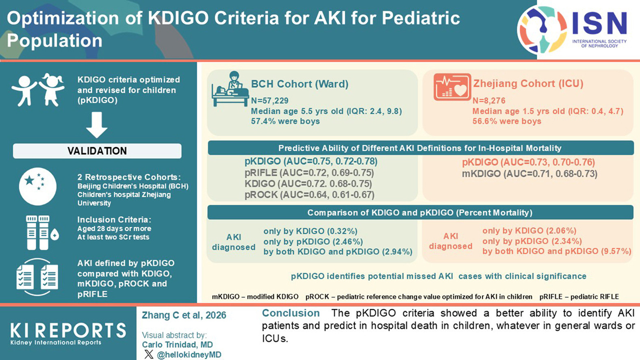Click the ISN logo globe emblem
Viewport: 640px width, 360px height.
tap(542, 30)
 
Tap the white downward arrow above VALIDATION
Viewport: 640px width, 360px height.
tap(97, 125)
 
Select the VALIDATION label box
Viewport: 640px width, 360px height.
tap(97, 151)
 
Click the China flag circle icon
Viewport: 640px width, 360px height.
tap(38, 186)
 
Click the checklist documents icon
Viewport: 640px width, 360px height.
tap(37, 277)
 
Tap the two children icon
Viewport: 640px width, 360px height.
tap(38, 90)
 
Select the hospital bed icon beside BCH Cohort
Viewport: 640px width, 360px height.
tap(230, 90)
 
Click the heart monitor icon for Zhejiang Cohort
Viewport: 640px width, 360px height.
tap(452, 87)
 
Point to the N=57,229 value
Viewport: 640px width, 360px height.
tap(270, 101)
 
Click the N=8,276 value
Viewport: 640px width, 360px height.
tap(489, 101)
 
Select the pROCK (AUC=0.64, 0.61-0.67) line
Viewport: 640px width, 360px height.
tap(309, 195)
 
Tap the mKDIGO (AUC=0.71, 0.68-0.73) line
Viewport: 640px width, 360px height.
tap(529, 174)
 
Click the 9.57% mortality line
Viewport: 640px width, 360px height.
tap(557, 251)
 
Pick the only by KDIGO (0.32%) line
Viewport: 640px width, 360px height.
tap(310, 231)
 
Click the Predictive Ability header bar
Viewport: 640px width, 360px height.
tap(420, 148)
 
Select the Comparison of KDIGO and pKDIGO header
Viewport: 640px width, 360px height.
tap(420, 213)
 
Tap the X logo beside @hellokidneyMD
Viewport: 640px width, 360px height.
tap(149, 354)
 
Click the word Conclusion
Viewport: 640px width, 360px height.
tap(291, 313)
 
